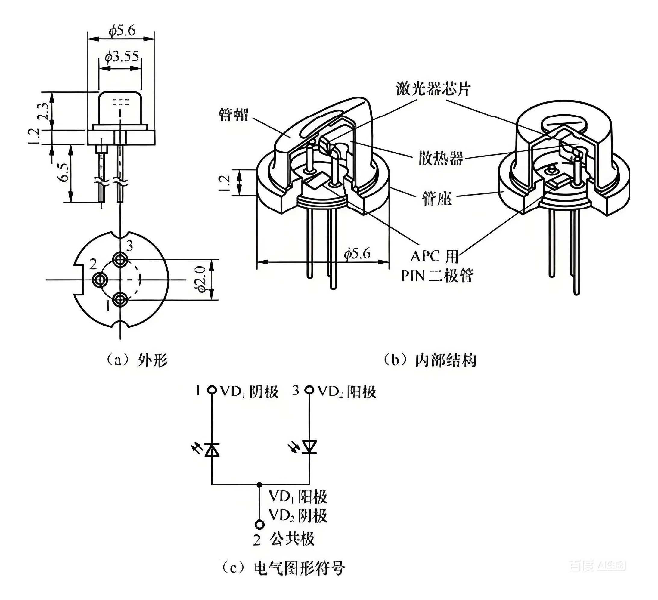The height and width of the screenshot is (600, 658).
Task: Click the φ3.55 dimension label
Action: pos(122,57)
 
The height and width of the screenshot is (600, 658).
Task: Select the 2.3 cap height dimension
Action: pos(45,111)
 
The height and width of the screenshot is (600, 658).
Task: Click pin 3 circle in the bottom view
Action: pos(120,260)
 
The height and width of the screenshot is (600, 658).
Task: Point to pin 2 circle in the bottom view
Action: pos(100,280)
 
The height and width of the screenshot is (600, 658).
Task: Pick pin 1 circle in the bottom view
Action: pos(120,298)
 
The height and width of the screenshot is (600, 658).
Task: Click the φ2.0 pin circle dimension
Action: pos(200,279)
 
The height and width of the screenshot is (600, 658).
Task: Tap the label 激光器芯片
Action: pos(433,89)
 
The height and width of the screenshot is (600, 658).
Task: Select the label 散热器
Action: pos(441,158)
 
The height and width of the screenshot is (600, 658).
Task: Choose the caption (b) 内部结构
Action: pos(430,360)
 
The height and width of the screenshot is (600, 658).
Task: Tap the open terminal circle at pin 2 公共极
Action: pos(259,525)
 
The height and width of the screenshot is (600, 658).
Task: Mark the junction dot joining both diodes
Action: pos(259,485)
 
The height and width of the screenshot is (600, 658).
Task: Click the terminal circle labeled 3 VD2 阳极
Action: pos(309,390)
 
